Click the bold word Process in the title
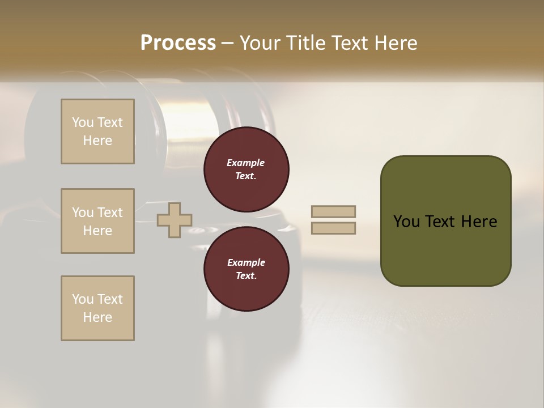click(x=178, y=43)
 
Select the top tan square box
click(x=97, y=131)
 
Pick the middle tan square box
click(x=97, y=221)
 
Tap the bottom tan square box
click(x=97, y=308)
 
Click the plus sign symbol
click(x=175, y=220)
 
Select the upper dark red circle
click(x=246, y=169)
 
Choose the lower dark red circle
click(x=246, y=269)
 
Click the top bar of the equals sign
click(x=333, y=211)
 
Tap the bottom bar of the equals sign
click(x=333, y=228)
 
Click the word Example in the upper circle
click(x=246, y=163)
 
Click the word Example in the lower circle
click(x=246, y=263)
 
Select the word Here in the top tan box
click(x=97, y=141)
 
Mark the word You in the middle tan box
click(x=82, y=212)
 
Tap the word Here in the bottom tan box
click(x=97, y=317)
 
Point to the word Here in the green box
click(x=479, y=222)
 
